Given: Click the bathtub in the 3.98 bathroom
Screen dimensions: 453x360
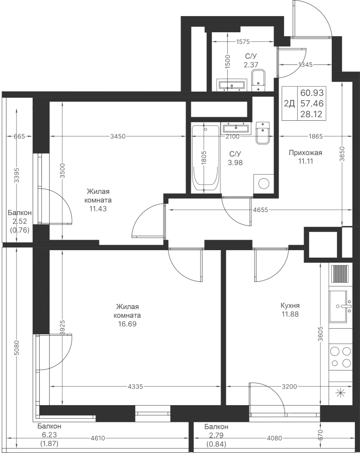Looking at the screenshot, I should coord(206,159).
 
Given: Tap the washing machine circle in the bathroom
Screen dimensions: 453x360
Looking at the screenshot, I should coord(263,183).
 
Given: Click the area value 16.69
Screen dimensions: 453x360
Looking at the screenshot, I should coord(127,324).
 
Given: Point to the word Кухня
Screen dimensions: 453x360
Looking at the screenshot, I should coord(291,306).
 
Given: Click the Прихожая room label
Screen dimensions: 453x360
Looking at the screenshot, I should coord(305,153).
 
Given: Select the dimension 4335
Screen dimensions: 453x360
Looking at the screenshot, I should coord(136,387).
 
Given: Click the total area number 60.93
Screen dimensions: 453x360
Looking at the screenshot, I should coord(312,93).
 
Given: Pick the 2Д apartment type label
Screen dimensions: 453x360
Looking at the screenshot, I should coord(289,104).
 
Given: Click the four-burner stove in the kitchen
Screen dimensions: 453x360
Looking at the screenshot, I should coord(340,357).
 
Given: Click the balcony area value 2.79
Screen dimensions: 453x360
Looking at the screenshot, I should coord(216,435).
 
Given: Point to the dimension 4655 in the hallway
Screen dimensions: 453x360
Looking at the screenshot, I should coord(260,209).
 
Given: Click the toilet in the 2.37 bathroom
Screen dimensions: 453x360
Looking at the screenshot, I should coord(258,81).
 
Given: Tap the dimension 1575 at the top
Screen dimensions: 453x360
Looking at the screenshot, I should coord(243,43).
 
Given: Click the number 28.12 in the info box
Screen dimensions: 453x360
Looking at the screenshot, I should coord(312,114).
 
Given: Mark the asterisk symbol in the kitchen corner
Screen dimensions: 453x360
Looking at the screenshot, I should coord(340,394).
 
